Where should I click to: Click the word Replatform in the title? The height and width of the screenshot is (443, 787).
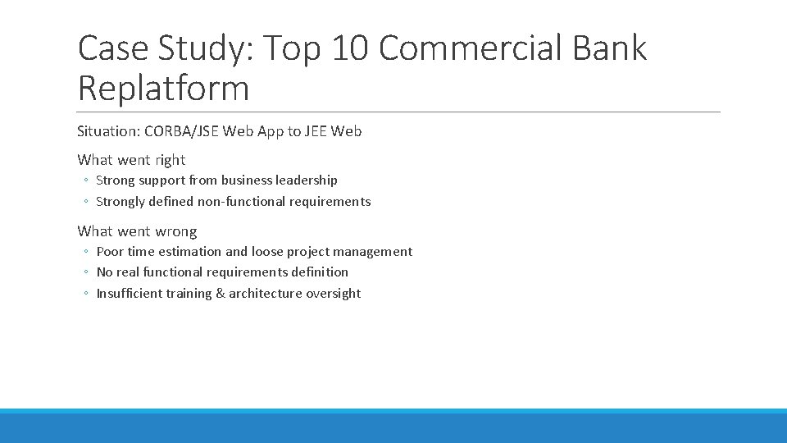163,89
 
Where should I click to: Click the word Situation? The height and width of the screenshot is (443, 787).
108,131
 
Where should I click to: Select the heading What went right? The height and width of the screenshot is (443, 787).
131,160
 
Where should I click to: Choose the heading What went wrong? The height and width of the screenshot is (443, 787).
137,231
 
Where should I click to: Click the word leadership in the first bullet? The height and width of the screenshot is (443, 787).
307,180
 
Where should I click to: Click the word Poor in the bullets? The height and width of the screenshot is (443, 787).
110,252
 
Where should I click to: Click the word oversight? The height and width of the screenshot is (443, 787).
333,294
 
